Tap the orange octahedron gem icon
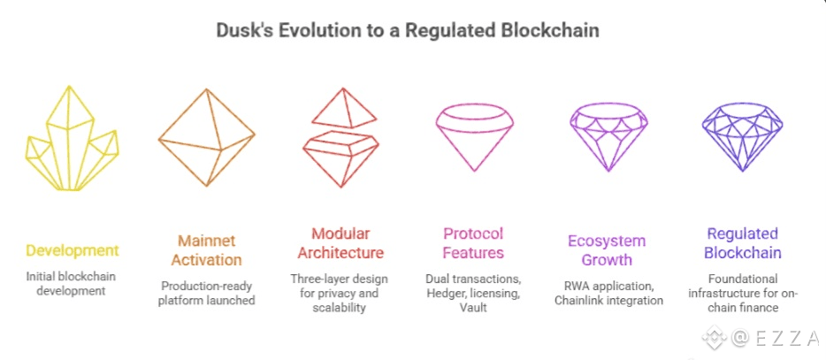pos(206,137)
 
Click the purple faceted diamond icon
pos(608,131)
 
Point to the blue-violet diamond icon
pos(742,132)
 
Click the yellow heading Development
pos(72,250)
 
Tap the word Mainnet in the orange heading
pos(207,240)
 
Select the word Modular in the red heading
pos(340,234)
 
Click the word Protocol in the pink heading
pos(474,234)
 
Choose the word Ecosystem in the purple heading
pos(608,241)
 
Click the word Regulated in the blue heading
pos(742,234)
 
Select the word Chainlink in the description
pos(585,301)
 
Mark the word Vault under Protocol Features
pos(474,307)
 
